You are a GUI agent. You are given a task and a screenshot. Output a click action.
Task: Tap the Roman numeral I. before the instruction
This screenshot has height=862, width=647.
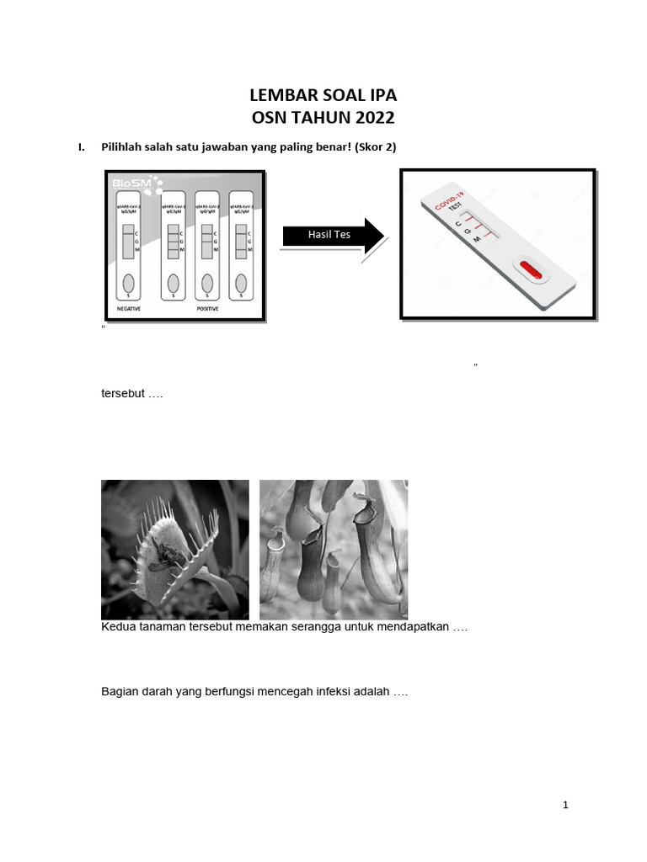[x=82, y=147]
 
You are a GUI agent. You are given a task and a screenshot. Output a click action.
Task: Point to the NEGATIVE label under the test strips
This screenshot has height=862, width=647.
[x=129, y=309]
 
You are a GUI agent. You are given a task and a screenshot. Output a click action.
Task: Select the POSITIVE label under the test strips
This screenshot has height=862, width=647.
[x=206, y=309]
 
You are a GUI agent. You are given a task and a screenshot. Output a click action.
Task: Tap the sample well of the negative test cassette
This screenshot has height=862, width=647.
[x=129, y=282]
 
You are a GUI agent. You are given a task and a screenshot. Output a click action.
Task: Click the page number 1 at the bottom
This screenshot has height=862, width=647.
[x=566, y=806]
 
